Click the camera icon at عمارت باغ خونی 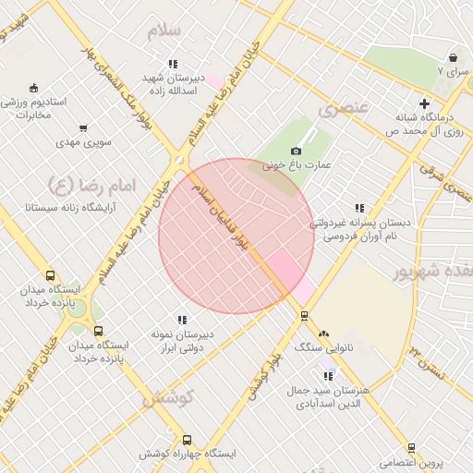(x=296, y=151)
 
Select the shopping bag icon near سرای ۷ (x=453, y=57)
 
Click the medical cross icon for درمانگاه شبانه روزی (x=424, y=103)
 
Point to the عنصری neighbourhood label (x=344, y=109)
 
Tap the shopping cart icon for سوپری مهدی (x=84, y=128)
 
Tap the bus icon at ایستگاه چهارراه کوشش (x=188, y=440)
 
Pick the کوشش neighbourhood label (x=167, y=398)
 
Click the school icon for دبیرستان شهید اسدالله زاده (x=172, y=64)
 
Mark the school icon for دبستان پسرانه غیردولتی (x=358, y=208)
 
